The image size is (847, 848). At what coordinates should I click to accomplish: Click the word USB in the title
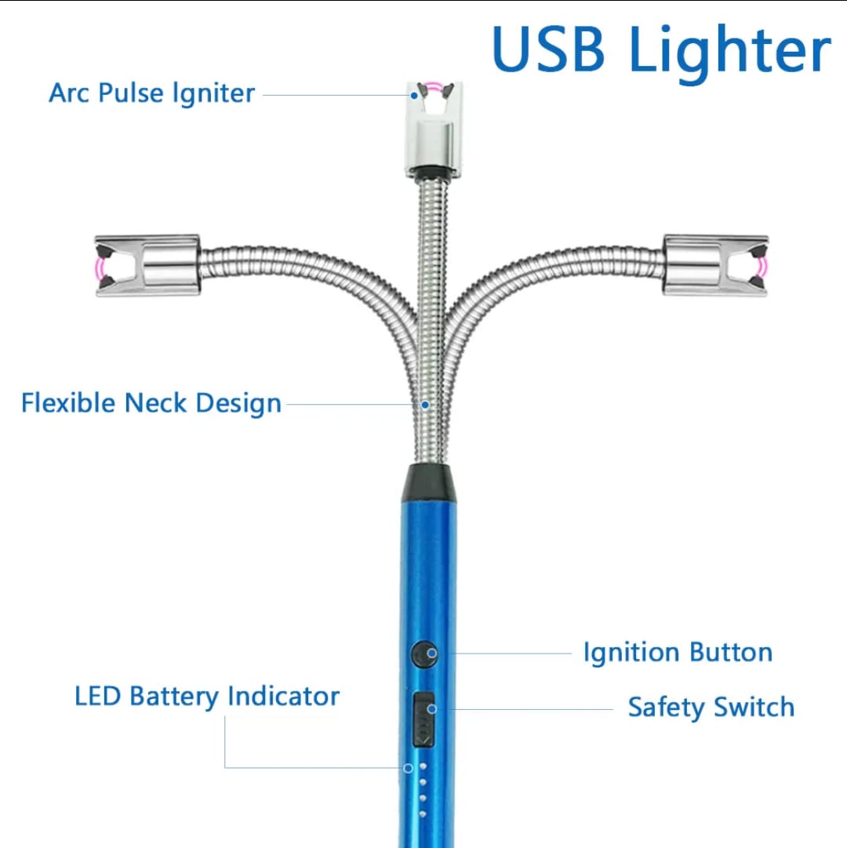tap(549, 49)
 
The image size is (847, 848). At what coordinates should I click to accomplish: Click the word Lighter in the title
tap(729, 53)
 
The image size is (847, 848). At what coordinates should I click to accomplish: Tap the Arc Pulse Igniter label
tap(152, 93)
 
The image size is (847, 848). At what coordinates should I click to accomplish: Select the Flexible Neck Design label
tap(151, 404)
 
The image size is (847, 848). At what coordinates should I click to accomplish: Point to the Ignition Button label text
tap(678, 653)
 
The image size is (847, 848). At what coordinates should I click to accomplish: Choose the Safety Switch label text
tap(711, 708)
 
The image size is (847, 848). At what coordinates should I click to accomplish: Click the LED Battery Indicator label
tap(207, 696)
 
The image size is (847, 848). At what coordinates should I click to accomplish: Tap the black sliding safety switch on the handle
tap(423, 719)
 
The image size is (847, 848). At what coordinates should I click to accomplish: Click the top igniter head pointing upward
tap(434, 129)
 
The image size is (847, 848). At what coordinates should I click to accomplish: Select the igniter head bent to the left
tap(147, 266)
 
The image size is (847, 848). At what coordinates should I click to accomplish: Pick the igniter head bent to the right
tap(716, 266)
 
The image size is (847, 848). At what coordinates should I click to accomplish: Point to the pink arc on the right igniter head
tap(764, 267)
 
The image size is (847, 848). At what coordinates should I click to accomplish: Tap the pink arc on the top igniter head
tap(434, 85)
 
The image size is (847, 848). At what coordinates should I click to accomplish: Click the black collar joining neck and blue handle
tap(429, 482)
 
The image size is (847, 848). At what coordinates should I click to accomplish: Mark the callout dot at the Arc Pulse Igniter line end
tap(414, 96)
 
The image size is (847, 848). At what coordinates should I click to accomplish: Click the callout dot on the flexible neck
tap(425, 405)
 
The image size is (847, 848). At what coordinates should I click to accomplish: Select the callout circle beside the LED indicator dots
tap(409, 768)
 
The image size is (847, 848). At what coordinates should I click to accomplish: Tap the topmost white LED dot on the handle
tap(423, 766)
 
